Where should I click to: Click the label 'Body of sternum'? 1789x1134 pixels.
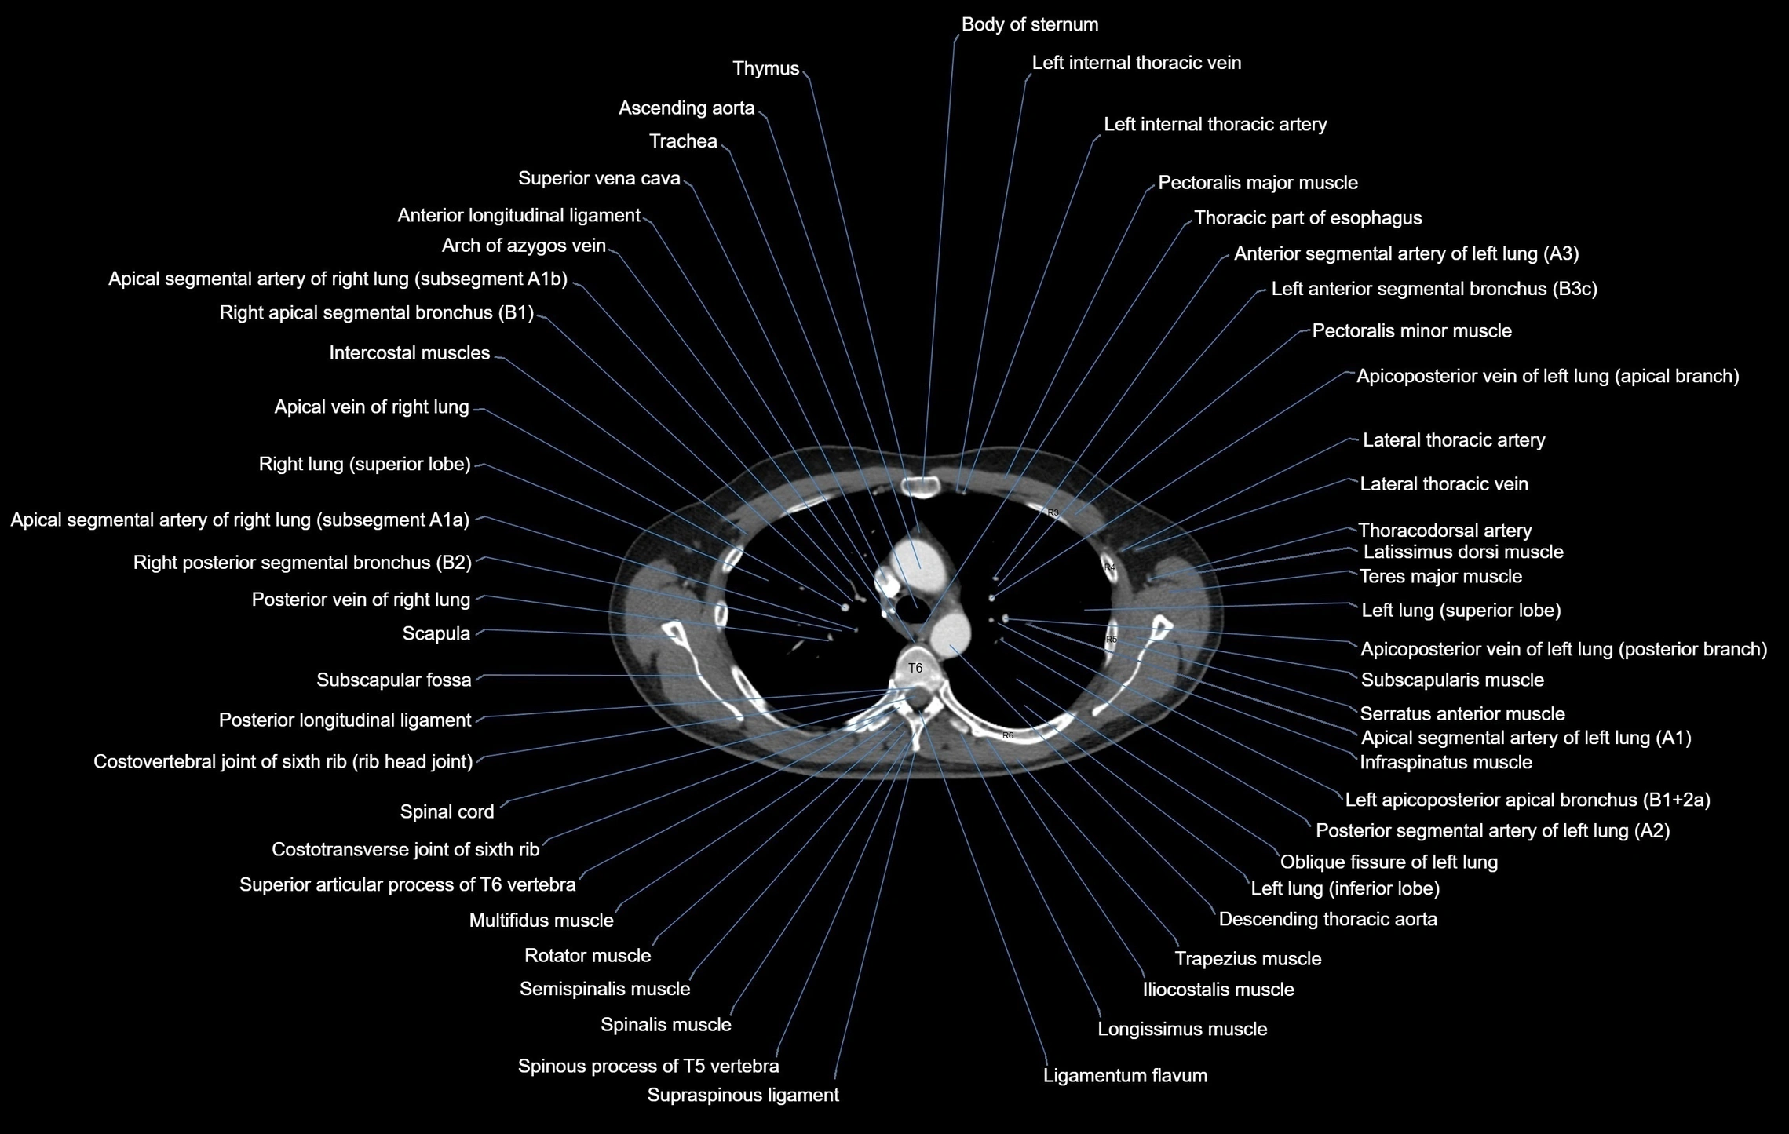1029,25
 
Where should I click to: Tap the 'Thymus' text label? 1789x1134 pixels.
765,69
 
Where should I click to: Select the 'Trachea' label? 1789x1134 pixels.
683,141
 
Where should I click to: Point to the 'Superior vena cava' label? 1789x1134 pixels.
599,179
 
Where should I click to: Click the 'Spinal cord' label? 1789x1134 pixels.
447,812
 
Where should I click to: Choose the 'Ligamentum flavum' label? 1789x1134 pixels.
1124,1076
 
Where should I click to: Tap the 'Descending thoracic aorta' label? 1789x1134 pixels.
1327,920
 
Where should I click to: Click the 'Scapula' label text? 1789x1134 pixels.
436,634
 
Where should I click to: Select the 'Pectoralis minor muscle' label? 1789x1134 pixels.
1411,331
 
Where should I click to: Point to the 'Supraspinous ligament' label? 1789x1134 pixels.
743,1096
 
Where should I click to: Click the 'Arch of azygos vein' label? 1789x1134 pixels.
524,246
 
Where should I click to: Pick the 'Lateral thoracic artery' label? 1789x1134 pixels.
1453,441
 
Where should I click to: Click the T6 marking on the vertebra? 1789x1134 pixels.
915,668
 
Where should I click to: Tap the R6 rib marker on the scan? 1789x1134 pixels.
1008,735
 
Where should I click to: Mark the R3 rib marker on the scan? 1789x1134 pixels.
1053,512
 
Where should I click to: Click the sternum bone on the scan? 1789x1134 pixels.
922,487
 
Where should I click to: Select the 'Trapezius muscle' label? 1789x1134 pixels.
1247,959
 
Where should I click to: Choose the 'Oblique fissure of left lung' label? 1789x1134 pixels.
1389,862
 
